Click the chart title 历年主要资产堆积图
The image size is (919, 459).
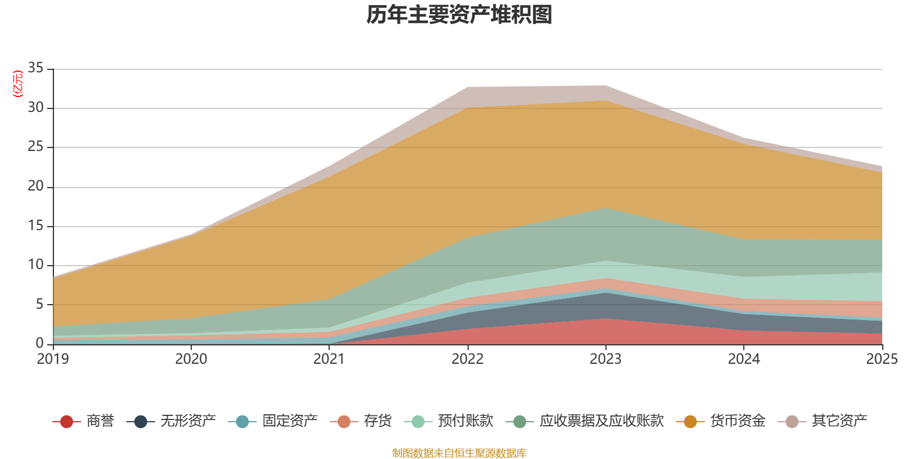(x=459, y=15)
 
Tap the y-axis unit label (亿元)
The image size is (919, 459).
(x=18, y=84)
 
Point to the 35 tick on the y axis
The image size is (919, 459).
(x=36, y=68)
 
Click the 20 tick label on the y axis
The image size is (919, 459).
(x=36, y=186)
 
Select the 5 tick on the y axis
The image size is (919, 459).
(x=40, y=305)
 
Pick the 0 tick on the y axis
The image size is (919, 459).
(x=40, y=344)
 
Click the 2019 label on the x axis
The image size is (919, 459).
(x=53, y=359)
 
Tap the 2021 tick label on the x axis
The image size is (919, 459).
(x=329, y=359)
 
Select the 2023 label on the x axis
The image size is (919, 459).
(x=605, y=359)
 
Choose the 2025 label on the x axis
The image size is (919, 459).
(x=882, y=359)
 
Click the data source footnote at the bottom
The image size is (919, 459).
(x=459, y=453)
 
